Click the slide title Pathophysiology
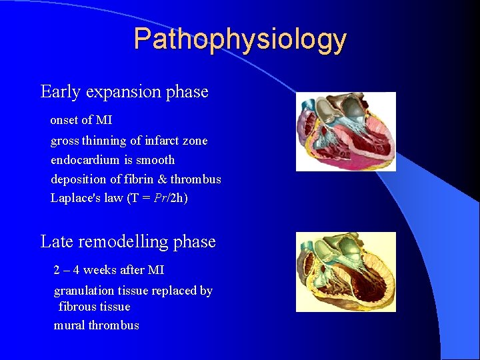(x=240, y=39)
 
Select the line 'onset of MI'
(x=81, y=121)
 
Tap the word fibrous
(x=77, y=307)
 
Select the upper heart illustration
(x=345, y=131)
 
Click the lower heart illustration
(x=345, y=271)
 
